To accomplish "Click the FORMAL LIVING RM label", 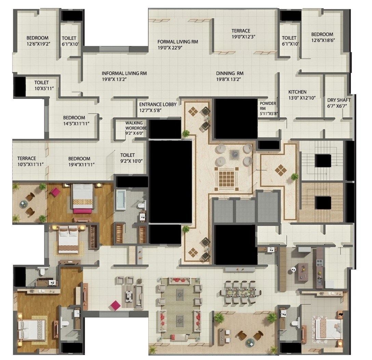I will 177,42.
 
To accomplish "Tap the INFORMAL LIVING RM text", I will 124,73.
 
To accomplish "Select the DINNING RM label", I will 229,73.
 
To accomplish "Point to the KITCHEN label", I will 297,92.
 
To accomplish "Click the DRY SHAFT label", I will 339,100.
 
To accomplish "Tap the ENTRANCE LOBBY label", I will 158,104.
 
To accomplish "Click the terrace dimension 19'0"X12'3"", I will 244,36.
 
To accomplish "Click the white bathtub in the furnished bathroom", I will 121,201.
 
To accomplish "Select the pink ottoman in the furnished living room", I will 116,305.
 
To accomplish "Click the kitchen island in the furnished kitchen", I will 303,272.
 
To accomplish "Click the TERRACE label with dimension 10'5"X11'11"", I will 26,158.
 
